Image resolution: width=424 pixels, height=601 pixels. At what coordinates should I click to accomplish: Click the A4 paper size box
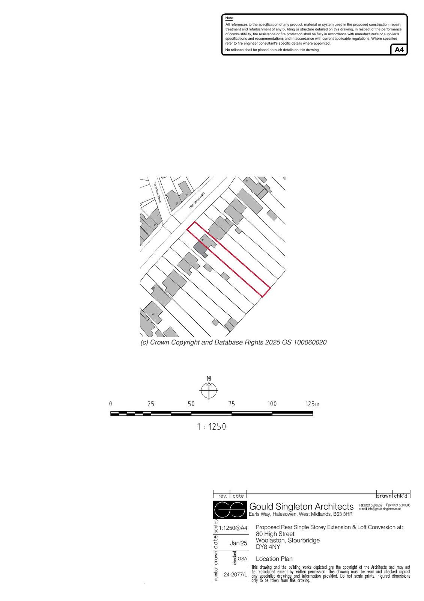point(399,50)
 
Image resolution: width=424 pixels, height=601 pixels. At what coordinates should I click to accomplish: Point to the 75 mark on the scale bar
point(232,404)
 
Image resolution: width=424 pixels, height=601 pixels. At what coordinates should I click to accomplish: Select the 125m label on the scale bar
point(312,404)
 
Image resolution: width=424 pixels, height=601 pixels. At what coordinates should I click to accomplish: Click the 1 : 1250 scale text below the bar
point(212,427)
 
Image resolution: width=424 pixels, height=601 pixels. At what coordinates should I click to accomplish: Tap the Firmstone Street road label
point(157,192)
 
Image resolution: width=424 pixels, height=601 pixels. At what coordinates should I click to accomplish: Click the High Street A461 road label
point(197,201)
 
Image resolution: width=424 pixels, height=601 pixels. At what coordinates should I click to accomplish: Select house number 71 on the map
point(186,195)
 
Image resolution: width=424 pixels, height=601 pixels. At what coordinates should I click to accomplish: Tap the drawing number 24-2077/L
point(236,574)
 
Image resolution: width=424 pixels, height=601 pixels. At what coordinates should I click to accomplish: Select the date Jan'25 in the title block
point(239,543)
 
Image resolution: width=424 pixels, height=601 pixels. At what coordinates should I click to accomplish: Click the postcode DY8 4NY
point(268,547)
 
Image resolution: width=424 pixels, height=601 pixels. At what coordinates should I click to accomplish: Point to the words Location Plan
point(274,559)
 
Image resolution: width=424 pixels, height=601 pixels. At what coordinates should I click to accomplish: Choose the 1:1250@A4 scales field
point(233,528)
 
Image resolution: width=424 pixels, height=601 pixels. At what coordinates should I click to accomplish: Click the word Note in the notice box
point(229,18)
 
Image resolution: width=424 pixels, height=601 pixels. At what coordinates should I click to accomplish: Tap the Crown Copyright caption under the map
point(233,343)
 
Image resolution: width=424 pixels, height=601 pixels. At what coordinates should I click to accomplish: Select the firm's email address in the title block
point(380,509)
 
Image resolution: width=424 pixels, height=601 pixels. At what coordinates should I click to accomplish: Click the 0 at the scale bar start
point(111,404)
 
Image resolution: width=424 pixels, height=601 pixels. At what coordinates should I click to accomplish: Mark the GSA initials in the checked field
point(242,559)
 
